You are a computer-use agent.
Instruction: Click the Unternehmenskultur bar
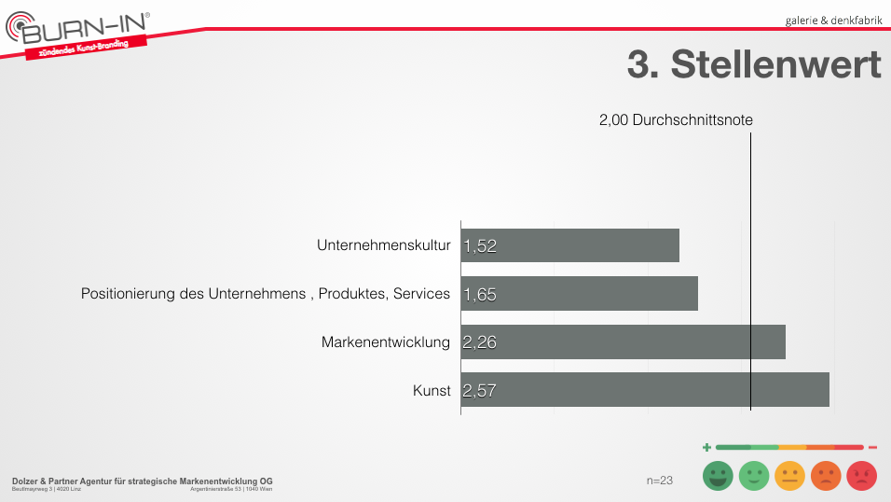point(569,245)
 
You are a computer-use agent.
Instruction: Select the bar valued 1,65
point(579,294)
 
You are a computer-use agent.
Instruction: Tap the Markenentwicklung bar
point(623,342)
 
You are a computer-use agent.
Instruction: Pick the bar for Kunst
point(645,390)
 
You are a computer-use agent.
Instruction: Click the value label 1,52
point(480,246)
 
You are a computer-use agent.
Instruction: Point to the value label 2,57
point(480,391)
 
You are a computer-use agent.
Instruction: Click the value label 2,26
point(480,342)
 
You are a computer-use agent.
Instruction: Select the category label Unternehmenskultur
point(384,245)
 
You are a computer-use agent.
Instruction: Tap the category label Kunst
point(432,390)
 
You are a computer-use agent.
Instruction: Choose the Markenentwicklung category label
point(386,342)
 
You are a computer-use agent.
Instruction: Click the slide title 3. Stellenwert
point(753,65)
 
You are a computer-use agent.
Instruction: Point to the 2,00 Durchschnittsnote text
point(676,120)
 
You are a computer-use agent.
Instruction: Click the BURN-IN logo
point(79,35)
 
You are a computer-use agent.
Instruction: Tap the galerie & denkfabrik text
point(833,20)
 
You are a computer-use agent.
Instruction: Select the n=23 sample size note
point(660,480)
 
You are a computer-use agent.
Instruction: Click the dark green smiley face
point(718,477)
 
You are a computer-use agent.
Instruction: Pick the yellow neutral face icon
point(789,477)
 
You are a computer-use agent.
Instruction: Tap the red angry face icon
point(861,477)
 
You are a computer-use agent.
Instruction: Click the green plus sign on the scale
point(706,448)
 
